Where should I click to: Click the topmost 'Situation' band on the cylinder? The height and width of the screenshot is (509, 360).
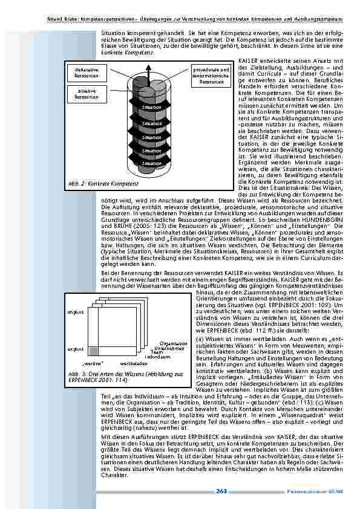click(151, 108)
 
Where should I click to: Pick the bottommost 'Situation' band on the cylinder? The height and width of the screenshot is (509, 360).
click(151, 163)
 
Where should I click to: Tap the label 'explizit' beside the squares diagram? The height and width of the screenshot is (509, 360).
click(76, 349)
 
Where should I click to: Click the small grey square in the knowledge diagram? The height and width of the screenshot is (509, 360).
click(94, 351)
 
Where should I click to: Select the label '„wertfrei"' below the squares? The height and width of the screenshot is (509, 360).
click(95, 364)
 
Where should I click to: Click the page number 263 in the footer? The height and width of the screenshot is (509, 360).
click(221, 492)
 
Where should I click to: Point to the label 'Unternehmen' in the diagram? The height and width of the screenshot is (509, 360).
click(169, 349)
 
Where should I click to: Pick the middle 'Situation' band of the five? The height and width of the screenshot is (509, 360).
click(151, 137)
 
